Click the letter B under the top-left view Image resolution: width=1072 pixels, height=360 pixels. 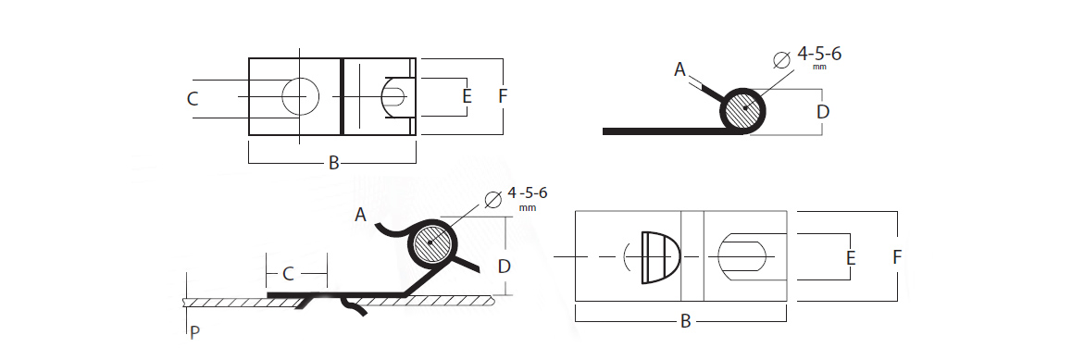pyautogui.click(x=333, y=163)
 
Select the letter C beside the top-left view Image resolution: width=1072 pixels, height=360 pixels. pyautogui.click(x=193, y=99)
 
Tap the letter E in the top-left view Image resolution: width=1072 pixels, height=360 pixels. pyautogui.click(x=467, y=96)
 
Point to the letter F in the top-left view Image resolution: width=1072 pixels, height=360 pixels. pyautogui.click(x=503, y=96)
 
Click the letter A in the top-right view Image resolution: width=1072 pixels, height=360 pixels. pyautogui.click(x=679, y=69)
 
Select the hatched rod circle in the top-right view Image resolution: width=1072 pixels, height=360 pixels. pyautogui.click(x=743, y=111)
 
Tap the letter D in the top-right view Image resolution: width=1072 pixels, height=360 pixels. pyautogui.click(x=823, y=111)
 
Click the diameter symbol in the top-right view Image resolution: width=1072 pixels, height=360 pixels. pyautogui.click(x=781, y=60)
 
